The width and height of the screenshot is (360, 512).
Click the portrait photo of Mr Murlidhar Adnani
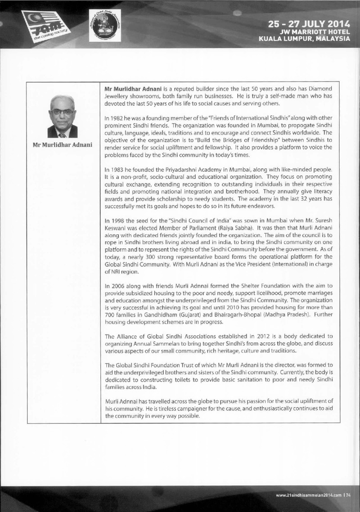click(x=62, y=117)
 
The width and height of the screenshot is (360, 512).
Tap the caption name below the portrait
click(x=62, y=144)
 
